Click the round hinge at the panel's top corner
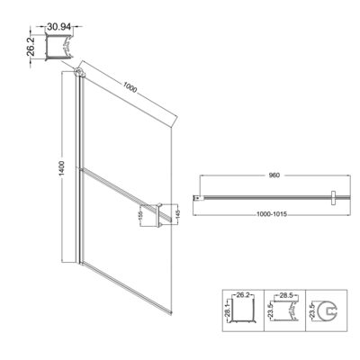(81, 72)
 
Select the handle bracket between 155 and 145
(162, 216)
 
